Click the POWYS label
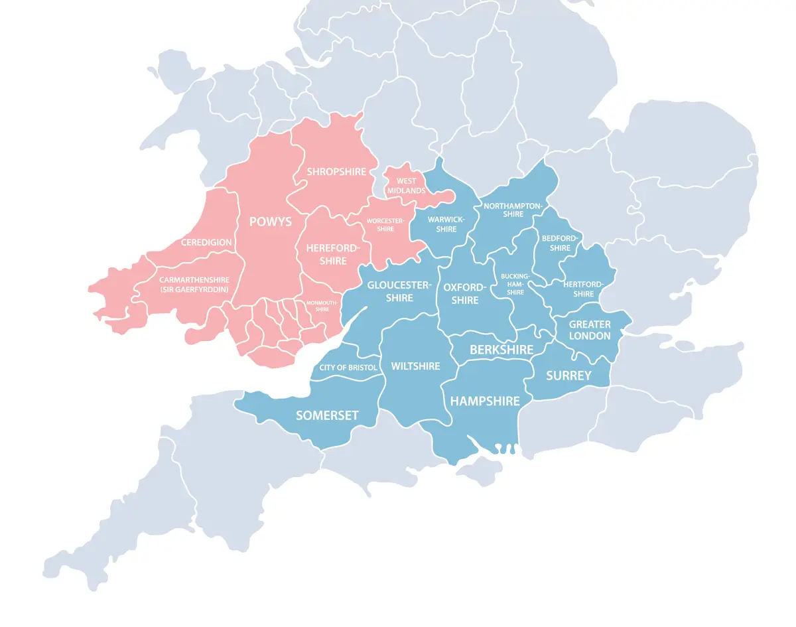[270, 222]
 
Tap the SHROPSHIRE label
[336, 172]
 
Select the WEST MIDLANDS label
[407, 186]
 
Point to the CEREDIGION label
[206, 242]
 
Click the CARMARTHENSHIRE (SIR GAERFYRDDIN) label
[194, 285]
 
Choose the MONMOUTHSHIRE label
[322, 306]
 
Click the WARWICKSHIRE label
[446, 224]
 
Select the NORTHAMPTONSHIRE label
[513, 210]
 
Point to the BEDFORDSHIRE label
[561, 243]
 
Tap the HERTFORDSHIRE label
[583, 289]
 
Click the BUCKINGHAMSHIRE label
[516, 283]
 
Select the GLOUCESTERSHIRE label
[399, 291]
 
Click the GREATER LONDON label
[590, 330]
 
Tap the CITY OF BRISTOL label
[348, 368]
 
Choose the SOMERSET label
[327, 415]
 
